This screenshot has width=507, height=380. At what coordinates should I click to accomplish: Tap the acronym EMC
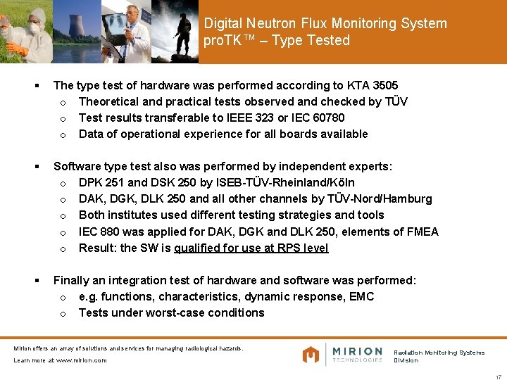coord(361,296)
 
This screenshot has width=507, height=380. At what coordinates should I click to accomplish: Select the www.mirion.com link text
coord(80,360)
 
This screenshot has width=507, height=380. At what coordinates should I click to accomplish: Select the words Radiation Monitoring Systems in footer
coord(439,353)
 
